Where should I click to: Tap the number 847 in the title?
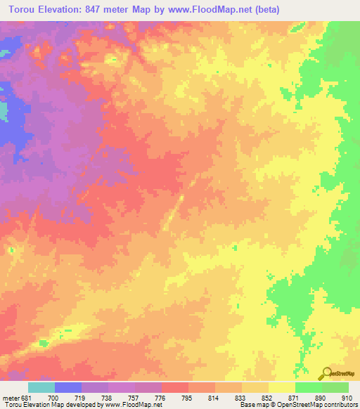pyautogui.click(x=105, y=9)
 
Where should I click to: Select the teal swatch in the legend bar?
pyautogui.click(x=41, y=387)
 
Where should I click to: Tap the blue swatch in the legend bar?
pyautogui.click(x=67, y=387)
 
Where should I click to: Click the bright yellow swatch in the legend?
pyautogui.click(x=281, y=387)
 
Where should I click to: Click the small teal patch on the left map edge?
pyautogui.click(x=3, y=110)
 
